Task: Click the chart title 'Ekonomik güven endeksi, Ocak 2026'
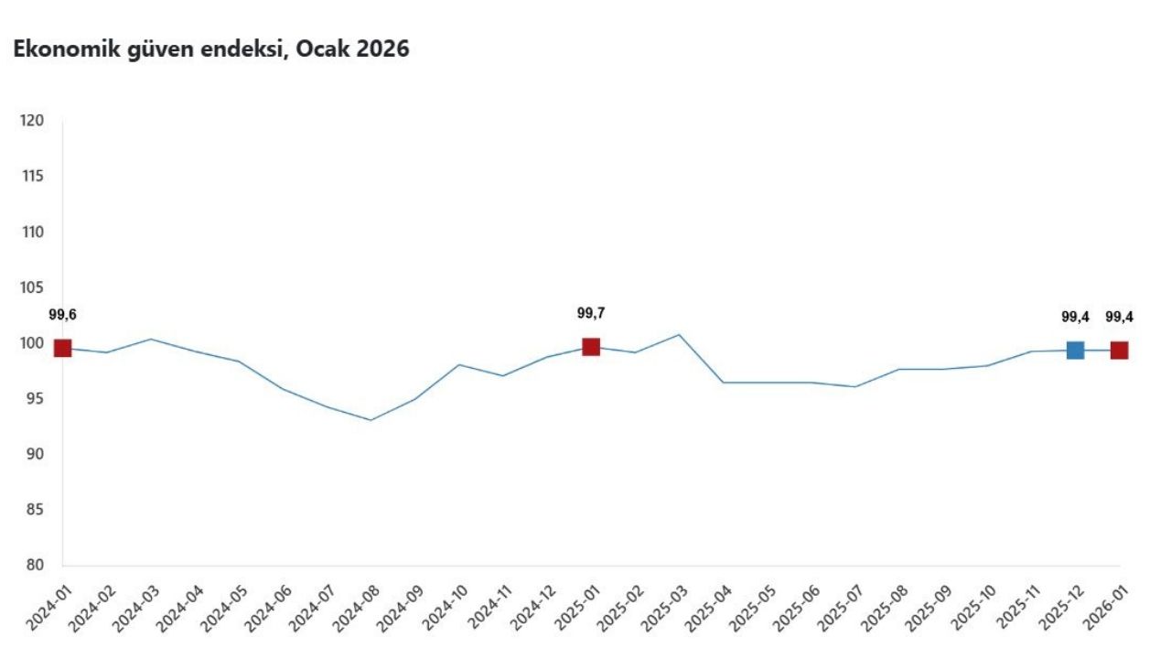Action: [x=211, y=49]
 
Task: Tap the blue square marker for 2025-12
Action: [x=1075, y=350]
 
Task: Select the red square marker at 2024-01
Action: [x=62, y=348]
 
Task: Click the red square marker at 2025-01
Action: [x=591, y=347]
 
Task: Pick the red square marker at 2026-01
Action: [x=1119, y=350]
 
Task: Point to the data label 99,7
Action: [x=591, y=313]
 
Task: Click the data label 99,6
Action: [x=62, y=315]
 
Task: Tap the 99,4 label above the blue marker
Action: [x=1075, y=317]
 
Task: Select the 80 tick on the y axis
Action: [x=35, y=566]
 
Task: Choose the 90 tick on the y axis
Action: [x=35, y=454]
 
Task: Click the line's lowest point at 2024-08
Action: [x=371, y=420]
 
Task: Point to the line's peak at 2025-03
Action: [x=679, y=334]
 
